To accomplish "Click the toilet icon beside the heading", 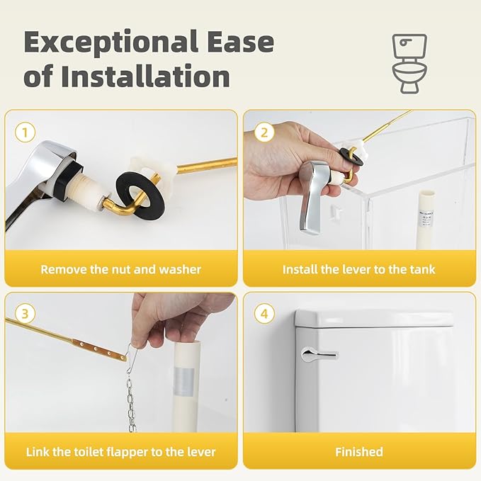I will click(x=410, y=63).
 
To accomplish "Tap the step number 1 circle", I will click(x=26, y=132).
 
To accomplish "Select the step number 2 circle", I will click(x=264, y=132).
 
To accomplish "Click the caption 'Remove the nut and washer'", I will click(x=120, y=269).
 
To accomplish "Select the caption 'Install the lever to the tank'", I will click(x=358, y=269).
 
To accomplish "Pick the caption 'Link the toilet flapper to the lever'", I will click(x=120, y=451).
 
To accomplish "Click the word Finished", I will click(x=358, y=451).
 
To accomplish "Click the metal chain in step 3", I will click(x=130, y=404).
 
